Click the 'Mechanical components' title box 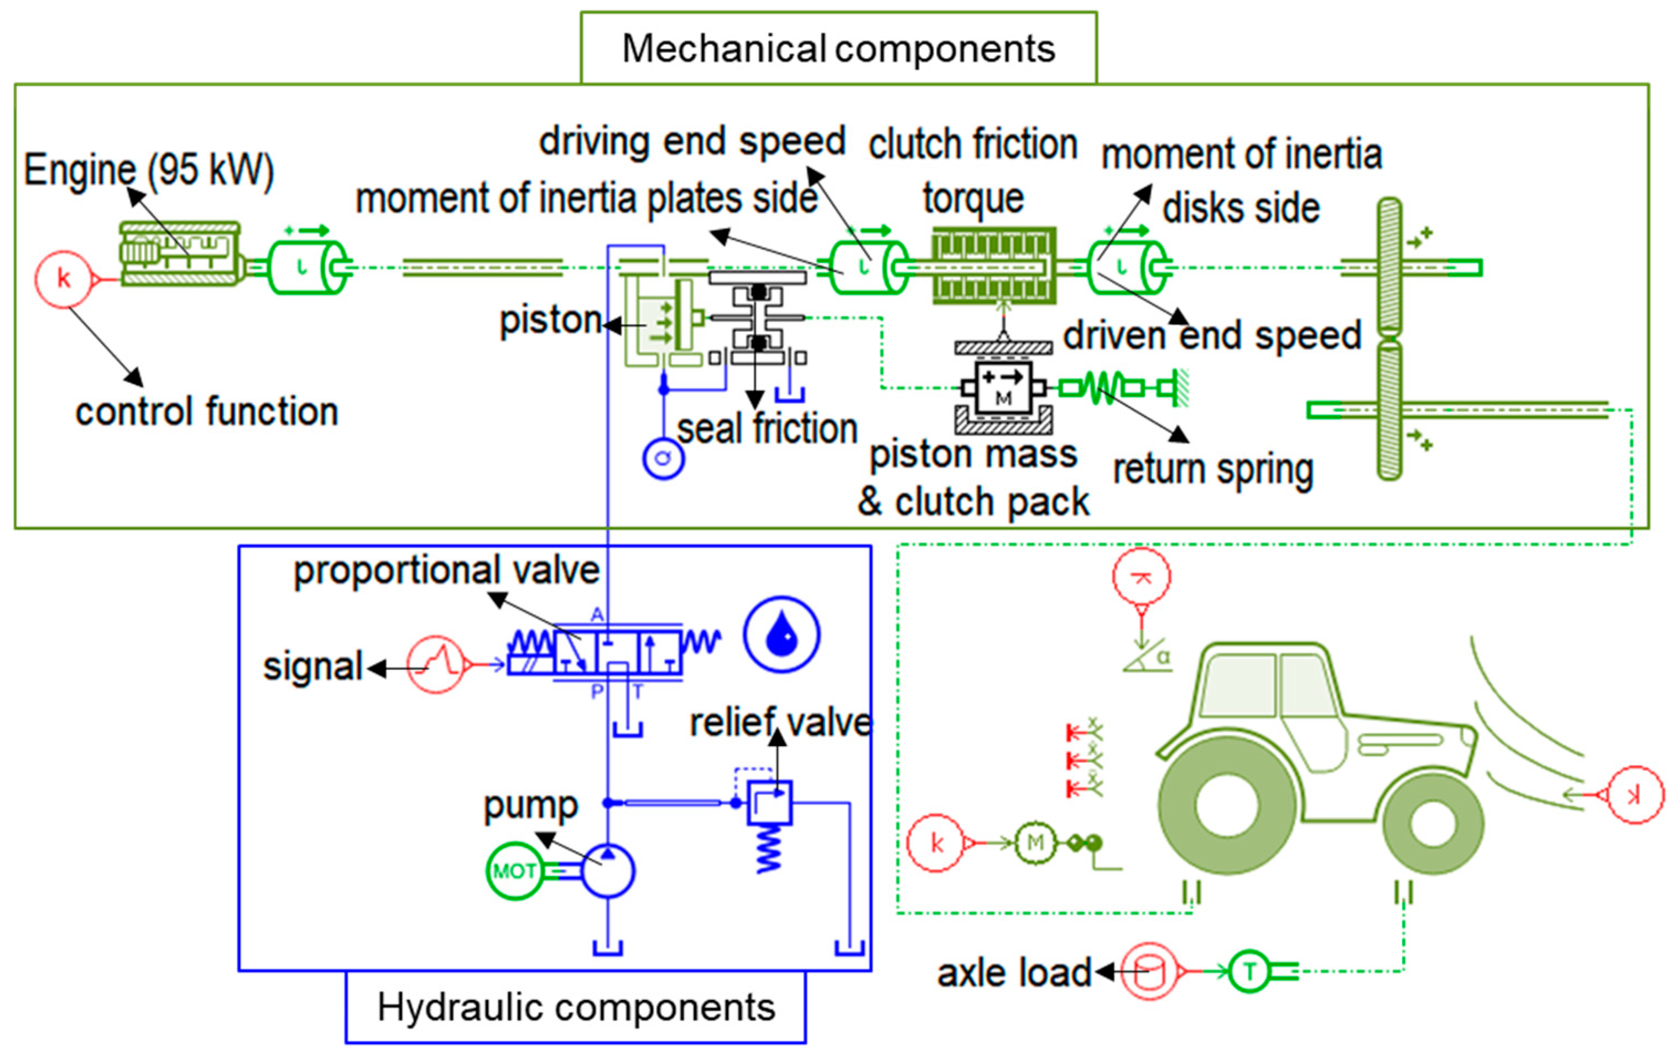(x=838, y=48)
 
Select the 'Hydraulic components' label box (x=576, y=1007)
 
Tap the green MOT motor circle (x=514, y=871)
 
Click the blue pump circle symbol (x=607, y=871)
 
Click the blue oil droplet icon (x=781, y=634)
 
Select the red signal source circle (x=435, y=664)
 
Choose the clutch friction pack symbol (x=993, y=266)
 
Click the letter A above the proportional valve (x=597, y=615)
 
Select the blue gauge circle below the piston (x=663, y=458)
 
